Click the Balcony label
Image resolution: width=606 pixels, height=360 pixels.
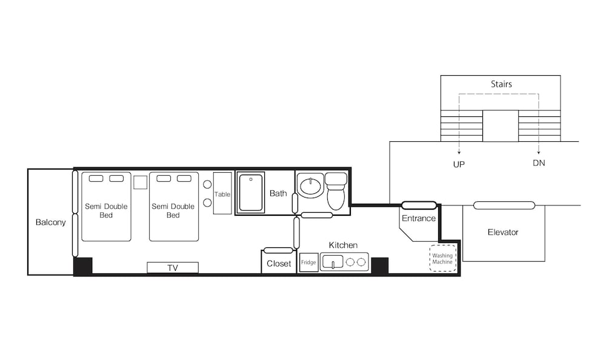pyautogui.click(x=51, y=222)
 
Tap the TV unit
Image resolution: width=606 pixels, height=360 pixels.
pyautogui.click(x=173, y=268)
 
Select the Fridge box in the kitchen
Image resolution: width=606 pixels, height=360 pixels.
pyautogui.click(x=309, y=262)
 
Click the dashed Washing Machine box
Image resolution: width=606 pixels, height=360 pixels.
pyautogui.click(x=443, y=258)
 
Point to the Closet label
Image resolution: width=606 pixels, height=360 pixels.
pyautogui.click(x=279, y=264)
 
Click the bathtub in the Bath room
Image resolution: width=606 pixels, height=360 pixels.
pyautogui.click(x=251, y=193)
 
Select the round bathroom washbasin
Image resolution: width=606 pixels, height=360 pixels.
pyautogui.click(x=310, y=187)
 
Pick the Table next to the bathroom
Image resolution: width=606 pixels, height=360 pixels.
pyautogui.click(x=222, y=193)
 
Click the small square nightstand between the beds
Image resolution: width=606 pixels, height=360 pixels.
pyautogui.click(x=141, y=182)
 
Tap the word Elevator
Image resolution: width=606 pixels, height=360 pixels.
pyautogui.click(x=503, y=232)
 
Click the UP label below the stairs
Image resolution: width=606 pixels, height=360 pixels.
pyautogui.click(x=459, y=164)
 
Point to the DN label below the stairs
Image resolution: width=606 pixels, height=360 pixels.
pyautogui.click(x=539, y=163)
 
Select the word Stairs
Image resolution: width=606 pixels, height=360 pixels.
pyautogui.click(x=501, y=84)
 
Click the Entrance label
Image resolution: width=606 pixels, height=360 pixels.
pyautogui.click(x=419, y=218)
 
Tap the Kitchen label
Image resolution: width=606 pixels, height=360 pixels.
pyautogui.click(x=343, y=245)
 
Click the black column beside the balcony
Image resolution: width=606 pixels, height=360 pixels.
pyautogui.click(x=83, y=266)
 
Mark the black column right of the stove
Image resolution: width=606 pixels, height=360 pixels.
pyautogui.click(x=379, y=265)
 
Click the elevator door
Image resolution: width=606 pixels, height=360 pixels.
pyautogui.click(x=504, y=205)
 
